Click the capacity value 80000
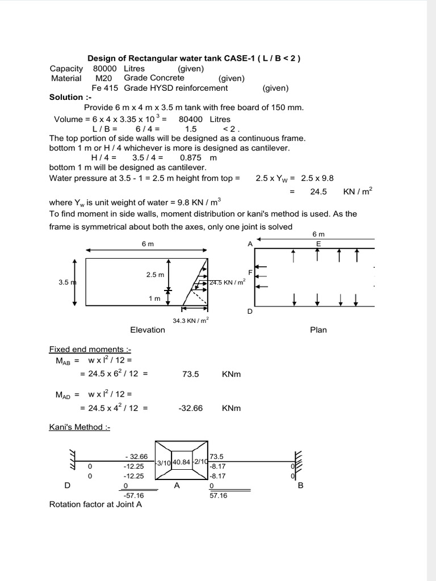coord(105,69)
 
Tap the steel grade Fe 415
coord(105,88)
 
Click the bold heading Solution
coord(66,97)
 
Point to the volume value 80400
coord(191,119)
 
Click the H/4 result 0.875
coord(191,157)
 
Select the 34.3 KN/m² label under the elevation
coord(190,321)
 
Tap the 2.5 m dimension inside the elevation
coord(155,275)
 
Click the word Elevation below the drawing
coord(148,330)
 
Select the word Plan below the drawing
coord(318,330)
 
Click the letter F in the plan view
coord(250,272)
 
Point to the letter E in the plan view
coord(318,243)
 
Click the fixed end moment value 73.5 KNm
coord(191,374)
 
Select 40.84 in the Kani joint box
coord(181,462)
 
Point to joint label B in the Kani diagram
coord(300,485)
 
